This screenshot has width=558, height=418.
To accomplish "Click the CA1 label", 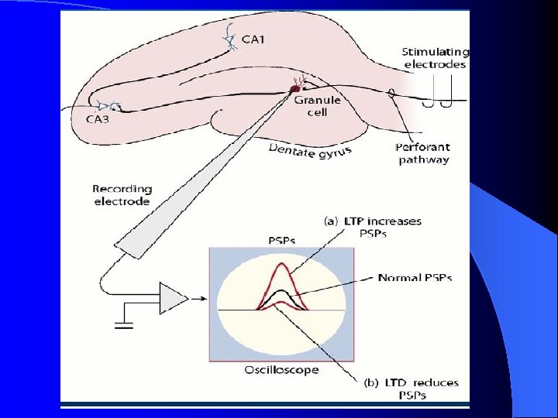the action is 253,39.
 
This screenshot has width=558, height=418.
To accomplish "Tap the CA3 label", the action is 97,118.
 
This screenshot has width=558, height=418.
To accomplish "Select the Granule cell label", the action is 317,106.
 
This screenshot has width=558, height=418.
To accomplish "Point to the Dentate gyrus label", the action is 309,150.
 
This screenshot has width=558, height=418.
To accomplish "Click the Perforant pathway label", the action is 423,153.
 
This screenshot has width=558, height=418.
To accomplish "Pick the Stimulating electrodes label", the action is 435,57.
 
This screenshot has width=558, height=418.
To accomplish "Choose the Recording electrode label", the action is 122,195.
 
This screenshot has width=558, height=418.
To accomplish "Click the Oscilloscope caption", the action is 281,370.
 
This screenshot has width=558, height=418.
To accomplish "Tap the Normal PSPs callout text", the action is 415,277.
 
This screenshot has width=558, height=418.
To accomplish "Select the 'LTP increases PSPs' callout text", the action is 373,228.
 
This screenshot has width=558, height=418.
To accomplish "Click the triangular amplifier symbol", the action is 173,298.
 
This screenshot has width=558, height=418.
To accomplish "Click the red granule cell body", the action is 294,90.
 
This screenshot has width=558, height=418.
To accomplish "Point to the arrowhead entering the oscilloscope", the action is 203,298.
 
